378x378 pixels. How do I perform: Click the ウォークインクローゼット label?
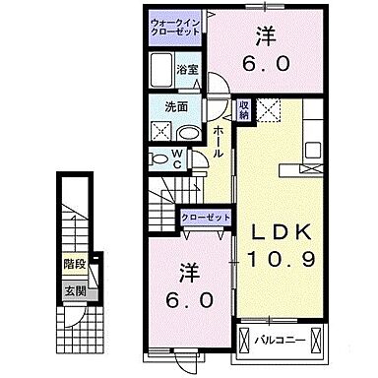tap(175, 28)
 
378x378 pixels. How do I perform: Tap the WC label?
tap(177, 157)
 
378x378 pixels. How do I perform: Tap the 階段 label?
tap(76, 264)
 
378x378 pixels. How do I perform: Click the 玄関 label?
tap(76, 291)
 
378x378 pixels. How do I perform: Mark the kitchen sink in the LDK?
tap(314, 151)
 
